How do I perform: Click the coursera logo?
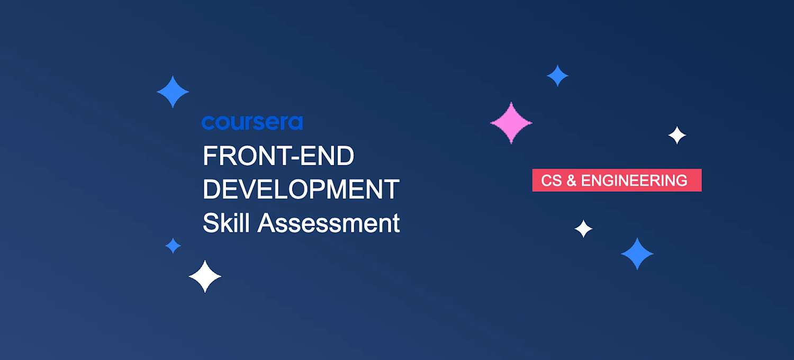[252, 122]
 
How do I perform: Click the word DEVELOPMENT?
[301, 190]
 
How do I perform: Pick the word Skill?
[227, 223]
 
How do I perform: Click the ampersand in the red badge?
[571, 181]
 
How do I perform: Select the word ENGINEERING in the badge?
[634, 181]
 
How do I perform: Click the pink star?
[511, 123]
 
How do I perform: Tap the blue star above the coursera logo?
[173, 92]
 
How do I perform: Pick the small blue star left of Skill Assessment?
[173, 246]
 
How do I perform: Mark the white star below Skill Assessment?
[205, 276]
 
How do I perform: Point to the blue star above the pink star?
[557, 76]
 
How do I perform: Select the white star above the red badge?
[677, 136]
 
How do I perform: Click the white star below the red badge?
[583, 229]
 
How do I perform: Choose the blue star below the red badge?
[637, 254]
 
